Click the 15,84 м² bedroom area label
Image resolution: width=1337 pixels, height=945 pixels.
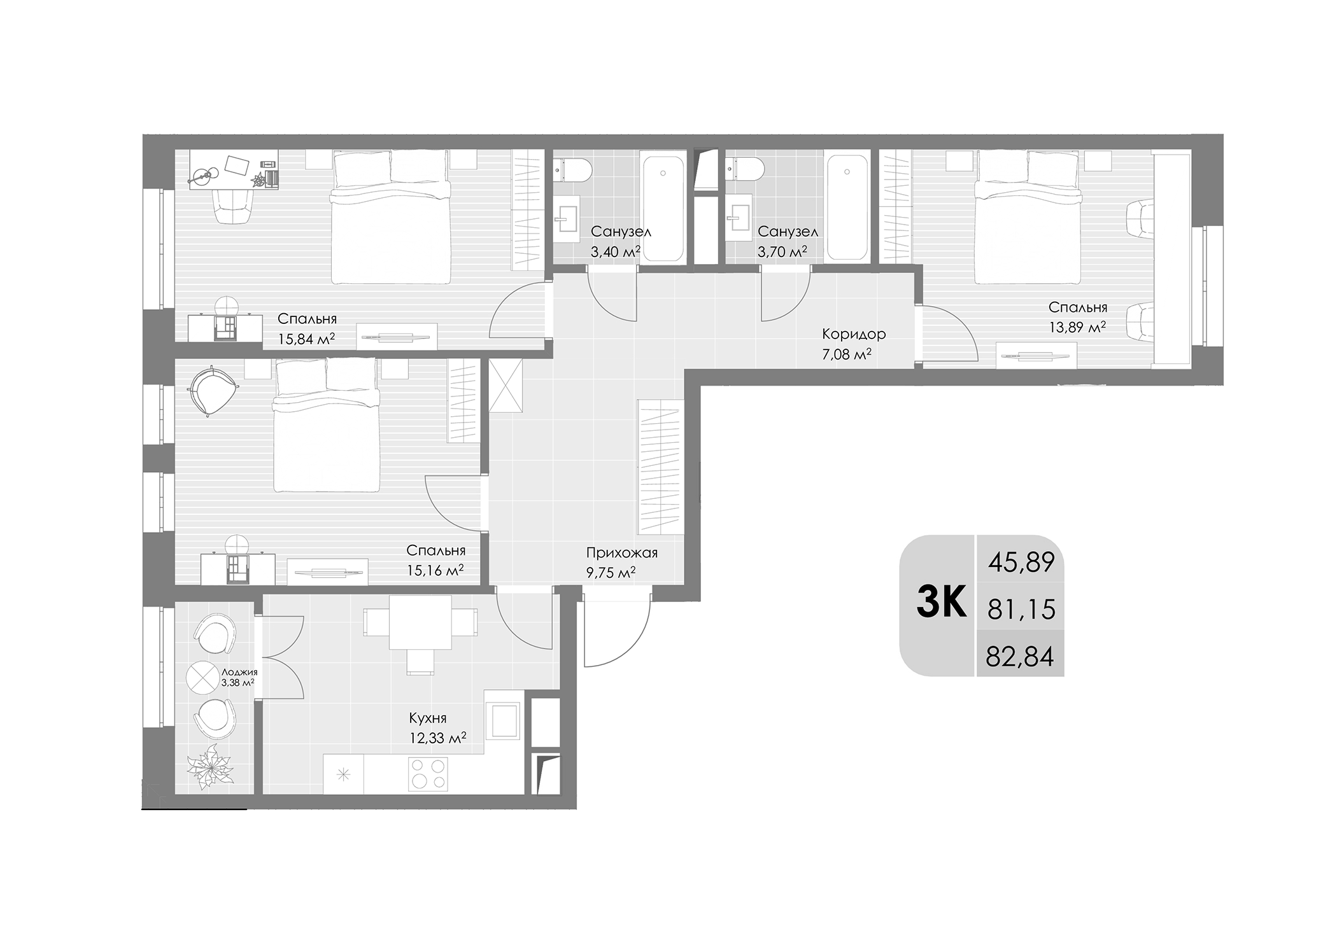pyautogui.click(x=306, y=339)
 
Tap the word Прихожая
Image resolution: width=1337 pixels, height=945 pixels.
pyautogui.click(x=621, y=553)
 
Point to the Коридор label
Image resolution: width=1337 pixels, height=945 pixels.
pyautogui.click(x=853, y=334)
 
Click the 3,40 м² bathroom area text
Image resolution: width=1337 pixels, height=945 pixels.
pyautogui.click(x=614, y=252)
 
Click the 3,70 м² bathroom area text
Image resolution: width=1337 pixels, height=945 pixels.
pyautogui.click(x=782, y=252)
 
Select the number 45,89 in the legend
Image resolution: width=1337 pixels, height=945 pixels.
pyautogui.click(x=1021, y=563)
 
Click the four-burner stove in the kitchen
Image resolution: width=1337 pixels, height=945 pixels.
pyautogui.click(x=428, y=774)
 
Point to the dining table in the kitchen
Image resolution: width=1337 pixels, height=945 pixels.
pyautogui.click(x=420, y=622)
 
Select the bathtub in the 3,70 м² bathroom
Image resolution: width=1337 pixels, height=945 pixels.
pyautogui.click(x=847, y=207)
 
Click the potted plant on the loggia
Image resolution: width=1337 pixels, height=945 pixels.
pyautogui.click(x=211, y=767)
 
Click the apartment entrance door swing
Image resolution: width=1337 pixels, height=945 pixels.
pyautogui.click(x=614, y=633)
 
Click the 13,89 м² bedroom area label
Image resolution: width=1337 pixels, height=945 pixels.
pyautogui.click(x=1077, y=328)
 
